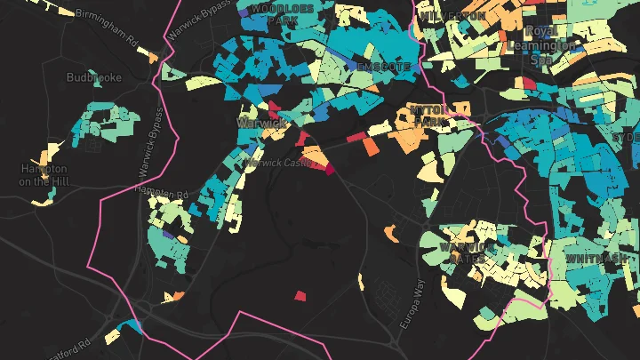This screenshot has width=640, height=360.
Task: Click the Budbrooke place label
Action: [93, 77]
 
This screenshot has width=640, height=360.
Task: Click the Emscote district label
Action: [383, 67]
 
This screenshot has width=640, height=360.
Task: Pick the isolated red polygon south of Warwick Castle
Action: [300, 295]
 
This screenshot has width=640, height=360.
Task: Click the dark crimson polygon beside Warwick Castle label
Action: [329, 168]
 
